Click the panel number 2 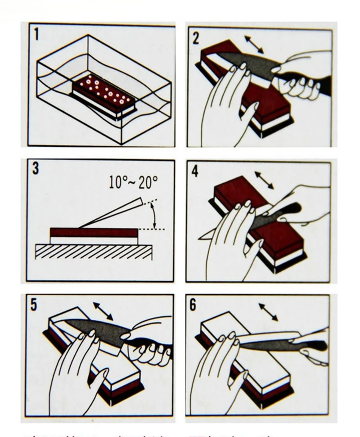point(195,38)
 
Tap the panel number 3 point(36,169)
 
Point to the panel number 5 point(34,304)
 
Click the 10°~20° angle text point(134,182)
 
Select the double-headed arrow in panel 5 point(103,311)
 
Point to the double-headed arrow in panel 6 point(268,312)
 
